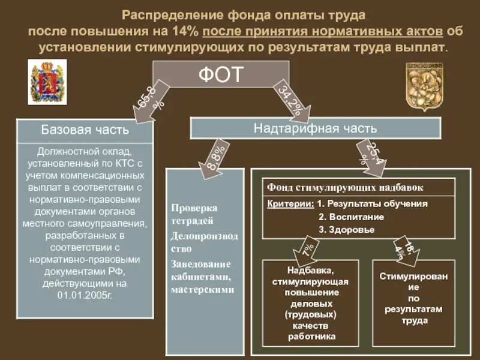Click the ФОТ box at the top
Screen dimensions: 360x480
point(221,76)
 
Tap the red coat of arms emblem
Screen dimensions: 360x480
point(47,82)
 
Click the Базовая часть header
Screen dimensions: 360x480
point(84,130)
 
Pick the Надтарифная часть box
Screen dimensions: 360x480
point(315,128)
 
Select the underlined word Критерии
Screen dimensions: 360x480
point(290,203)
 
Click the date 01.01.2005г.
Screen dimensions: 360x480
point(85,295)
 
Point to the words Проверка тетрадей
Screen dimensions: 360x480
point(194,214)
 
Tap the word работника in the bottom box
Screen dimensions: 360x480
point(311,336)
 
